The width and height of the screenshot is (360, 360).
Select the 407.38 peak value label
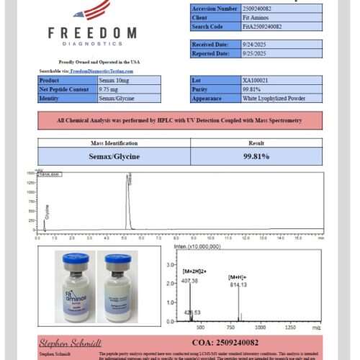[189, 282]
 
